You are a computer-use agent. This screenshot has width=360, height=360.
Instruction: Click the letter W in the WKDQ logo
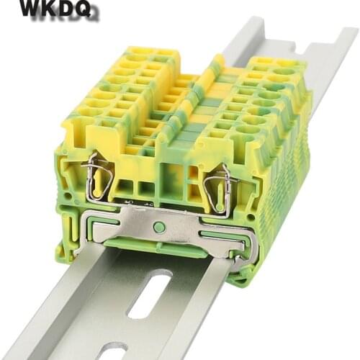(31, 9)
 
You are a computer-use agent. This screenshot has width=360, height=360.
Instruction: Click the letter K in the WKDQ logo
(53, 9)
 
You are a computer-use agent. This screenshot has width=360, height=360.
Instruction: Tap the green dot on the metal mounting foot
(159, 227)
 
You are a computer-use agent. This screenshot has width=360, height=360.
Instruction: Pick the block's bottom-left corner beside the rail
(68, 245)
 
